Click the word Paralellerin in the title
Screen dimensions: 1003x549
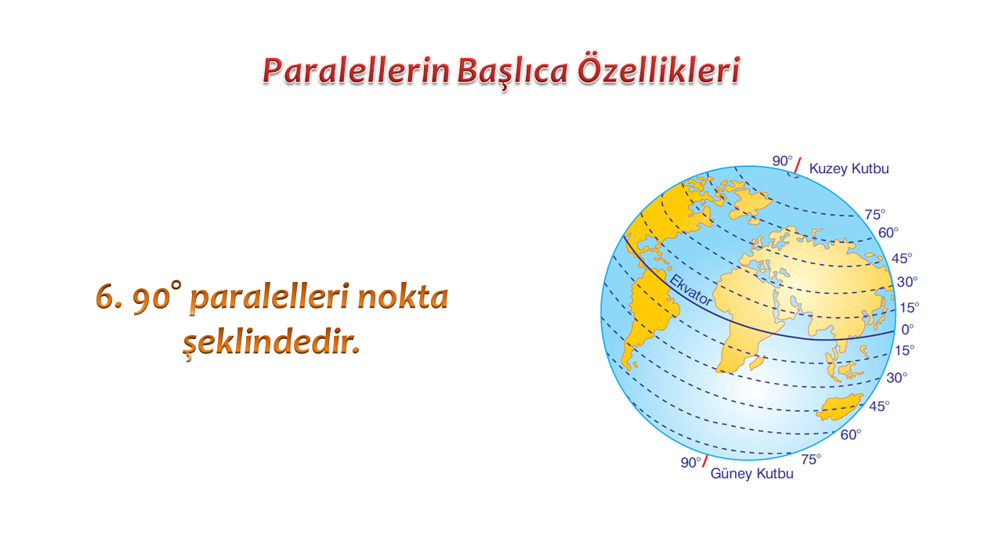(x=357, y=71)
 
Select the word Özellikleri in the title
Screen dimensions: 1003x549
(x=659, y=70)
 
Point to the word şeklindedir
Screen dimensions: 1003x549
(x=271, y=343)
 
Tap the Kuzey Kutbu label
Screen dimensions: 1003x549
(x=849, y=168)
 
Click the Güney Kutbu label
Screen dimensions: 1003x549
(x=751, y=473)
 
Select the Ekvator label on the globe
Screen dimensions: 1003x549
(x=690, y=291)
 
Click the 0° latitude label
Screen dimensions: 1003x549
(x=907, y=330)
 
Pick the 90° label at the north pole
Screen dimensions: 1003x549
(x=782, y=161)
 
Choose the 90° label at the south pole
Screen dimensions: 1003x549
(x=690, y=463)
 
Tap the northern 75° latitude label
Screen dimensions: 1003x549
(x=875, y=215)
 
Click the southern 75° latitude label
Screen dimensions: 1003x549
(x=811, y=460)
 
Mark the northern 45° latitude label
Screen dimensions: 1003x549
(x=902, y=258)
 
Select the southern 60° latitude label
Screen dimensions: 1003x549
(x=851, y=435)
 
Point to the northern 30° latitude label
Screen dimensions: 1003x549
(x=907, y=282)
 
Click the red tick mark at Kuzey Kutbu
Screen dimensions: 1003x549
(x=798, y=165)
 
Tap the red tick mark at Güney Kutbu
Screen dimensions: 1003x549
(x=705, y=461)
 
